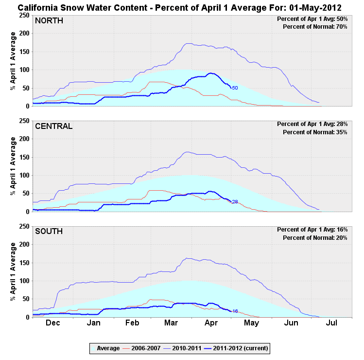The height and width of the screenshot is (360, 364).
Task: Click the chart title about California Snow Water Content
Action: point(182,8)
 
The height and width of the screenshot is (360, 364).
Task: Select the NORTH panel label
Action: point(49,20)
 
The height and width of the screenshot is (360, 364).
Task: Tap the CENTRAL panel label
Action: point(53,126)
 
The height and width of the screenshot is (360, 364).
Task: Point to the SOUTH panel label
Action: point(49,232)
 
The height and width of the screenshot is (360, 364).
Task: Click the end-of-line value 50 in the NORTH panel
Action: point(235,88)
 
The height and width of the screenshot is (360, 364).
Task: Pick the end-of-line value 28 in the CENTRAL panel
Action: point(235,201)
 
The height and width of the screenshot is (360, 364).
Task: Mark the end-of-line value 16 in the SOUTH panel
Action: point(235,311)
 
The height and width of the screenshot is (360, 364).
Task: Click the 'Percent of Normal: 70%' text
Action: point(315,27)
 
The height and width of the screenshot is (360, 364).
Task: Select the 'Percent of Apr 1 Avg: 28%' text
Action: point(312,124)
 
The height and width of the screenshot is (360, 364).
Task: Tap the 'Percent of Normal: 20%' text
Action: point(315,238)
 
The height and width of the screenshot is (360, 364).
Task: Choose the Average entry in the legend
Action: point(107,348)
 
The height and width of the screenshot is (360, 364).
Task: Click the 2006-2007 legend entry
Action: point(145,348)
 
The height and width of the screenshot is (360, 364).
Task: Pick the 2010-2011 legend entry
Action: point(190,348)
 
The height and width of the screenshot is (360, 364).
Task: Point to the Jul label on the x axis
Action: point(332,323)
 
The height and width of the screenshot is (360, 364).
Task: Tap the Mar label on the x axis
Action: point(171,323)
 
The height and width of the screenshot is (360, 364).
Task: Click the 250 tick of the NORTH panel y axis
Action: point(22,15)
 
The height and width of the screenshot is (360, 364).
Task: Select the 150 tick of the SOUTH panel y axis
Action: point(22,263)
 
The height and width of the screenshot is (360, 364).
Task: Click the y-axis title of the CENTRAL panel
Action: point(13,167)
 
